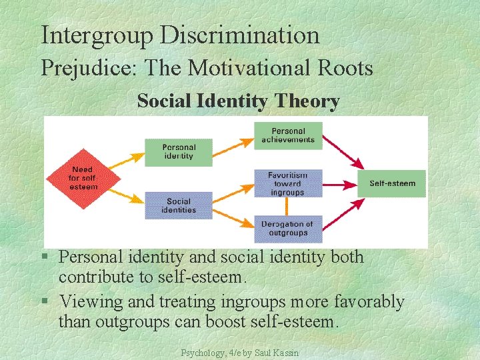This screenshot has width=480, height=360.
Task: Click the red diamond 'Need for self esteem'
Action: tap(83, 178)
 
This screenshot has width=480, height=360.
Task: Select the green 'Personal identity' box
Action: tap(178, 152)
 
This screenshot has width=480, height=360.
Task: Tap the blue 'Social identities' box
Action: tap(178, 205)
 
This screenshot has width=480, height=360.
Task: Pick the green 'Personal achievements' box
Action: tap(288, 135)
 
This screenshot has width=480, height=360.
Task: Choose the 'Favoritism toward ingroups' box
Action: tap(288, 183)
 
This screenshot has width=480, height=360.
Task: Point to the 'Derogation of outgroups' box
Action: tap(288, 229)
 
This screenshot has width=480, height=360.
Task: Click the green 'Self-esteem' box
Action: tap(392, 183)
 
